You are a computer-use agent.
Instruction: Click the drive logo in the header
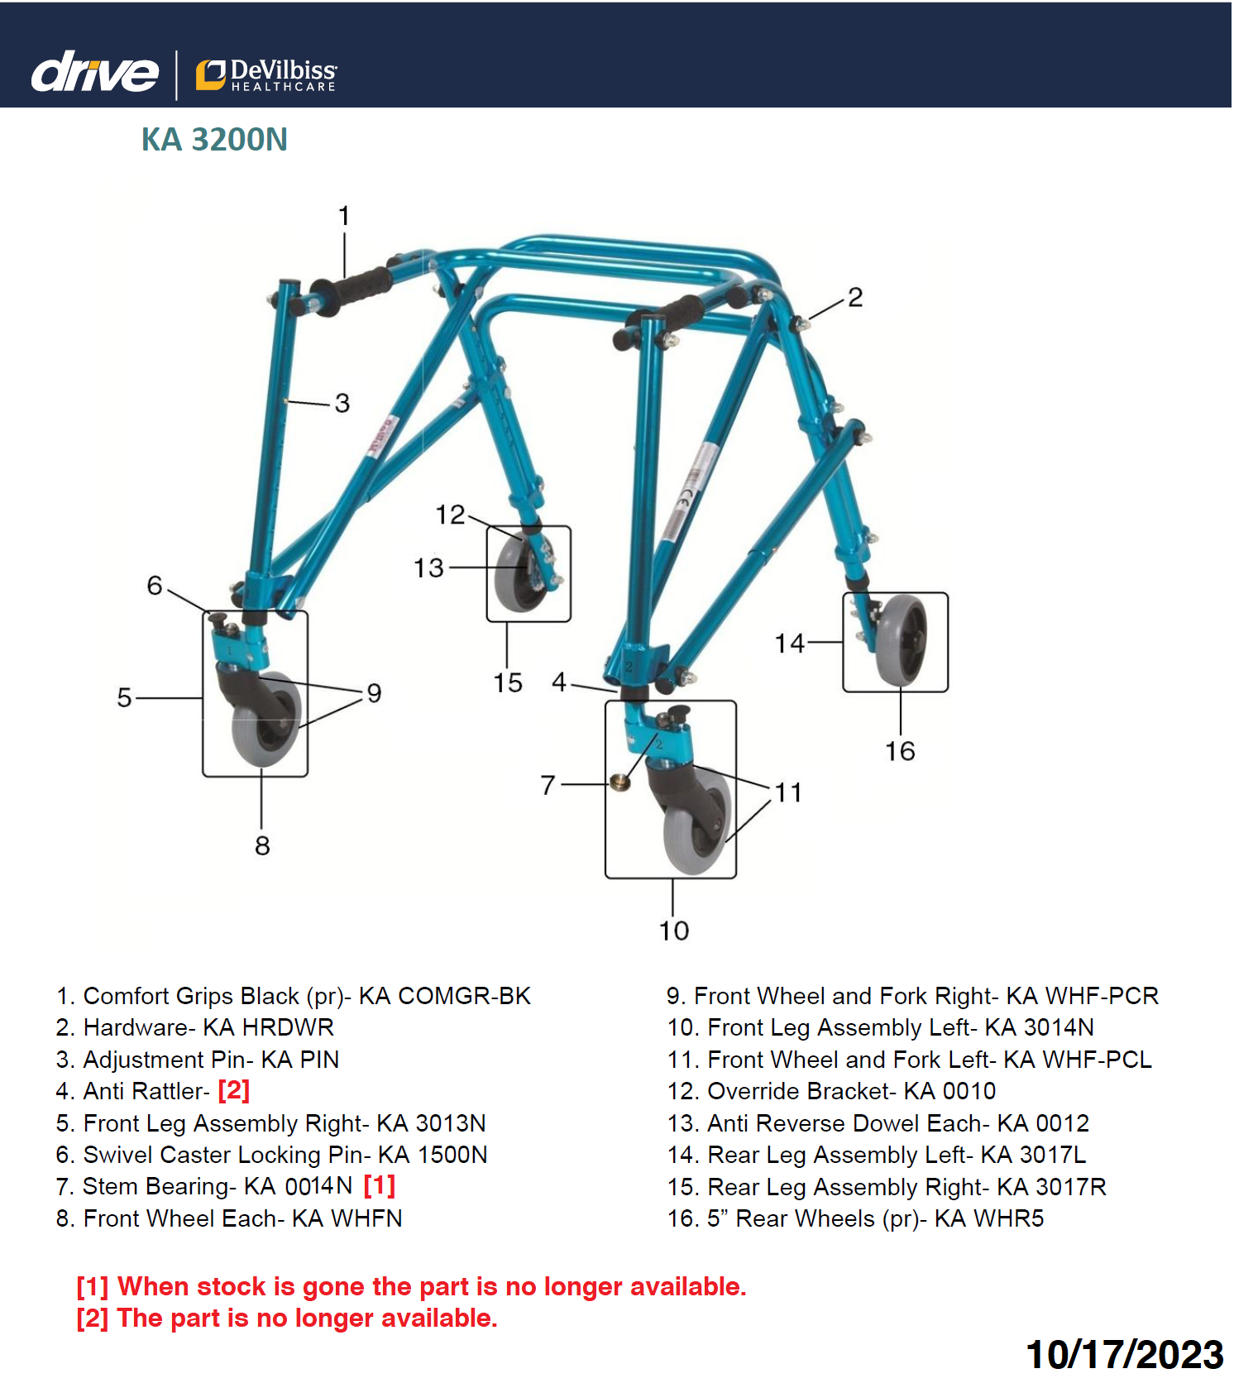[x=94, y=72]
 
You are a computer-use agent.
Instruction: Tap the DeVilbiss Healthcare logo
[x=266, y=74]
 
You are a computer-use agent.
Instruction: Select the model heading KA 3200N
[x=214, y=140]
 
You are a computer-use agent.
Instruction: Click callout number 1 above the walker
[x=344, y=216]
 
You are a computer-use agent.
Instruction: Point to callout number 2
[x=855, y=298]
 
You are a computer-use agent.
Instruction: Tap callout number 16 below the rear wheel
[x=900, y=751]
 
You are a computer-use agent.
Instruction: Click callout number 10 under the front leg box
[x=673, y=931]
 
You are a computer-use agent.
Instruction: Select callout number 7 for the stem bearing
[x=548, y=784]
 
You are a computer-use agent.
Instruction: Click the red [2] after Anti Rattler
[x=234, y=1090]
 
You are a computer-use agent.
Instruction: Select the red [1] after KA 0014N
[x=380, y=1185]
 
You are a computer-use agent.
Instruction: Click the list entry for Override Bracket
[x=831, y=1091]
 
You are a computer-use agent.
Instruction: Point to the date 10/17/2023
[x=1124, y=1355]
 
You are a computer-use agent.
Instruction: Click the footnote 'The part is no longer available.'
[x=307, y=1318]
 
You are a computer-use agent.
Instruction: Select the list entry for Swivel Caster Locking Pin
[x=271, y=1155]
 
